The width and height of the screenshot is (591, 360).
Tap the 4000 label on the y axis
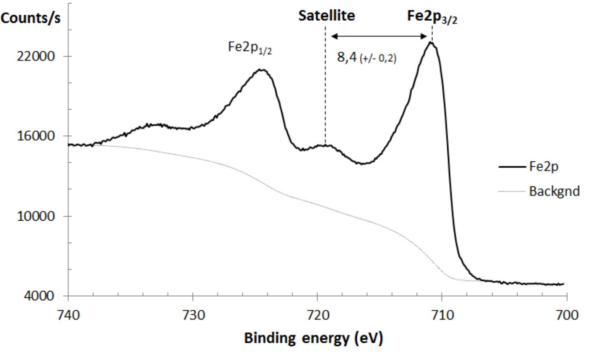point(44,296)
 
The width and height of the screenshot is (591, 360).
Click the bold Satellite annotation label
point(327,16)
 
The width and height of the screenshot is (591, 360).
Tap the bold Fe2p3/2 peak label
point(432,17)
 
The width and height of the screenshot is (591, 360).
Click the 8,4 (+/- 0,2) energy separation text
point(366,57)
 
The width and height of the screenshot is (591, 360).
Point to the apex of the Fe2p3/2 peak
point(431,42)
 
